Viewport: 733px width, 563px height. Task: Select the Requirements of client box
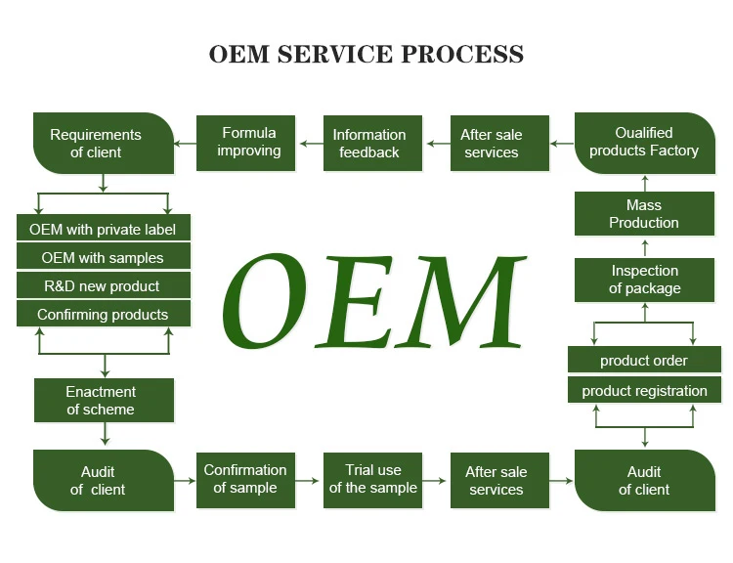pos(97,143)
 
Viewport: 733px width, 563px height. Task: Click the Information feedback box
pos(368,143)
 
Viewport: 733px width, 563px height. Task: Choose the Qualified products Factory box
pos(644,143)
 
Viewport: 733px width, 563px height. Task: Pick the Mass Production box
pos(644,214)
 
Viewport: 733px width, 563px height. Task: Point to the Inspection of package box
pos(644,280)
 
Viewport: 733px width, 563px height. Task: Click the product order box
pos(644,361)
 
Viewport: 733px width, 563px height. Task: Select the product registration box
pos(644,391)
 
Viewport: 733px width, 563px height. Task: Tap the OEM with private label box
pos(103,229)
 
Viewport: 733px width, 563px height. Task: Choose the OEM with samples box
pos(103,258)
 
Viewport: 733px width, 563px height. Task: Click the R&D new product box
pos(103,286)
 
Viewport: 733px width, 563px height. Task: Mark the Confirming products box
pos(103,315)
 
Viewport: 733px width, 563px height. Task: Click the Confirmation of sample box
pos(245,479)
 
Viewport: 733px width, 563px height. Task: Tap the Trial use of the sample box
pos(372,479)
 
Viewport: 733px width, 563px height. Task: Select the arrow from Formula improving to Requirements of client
pos(185,144)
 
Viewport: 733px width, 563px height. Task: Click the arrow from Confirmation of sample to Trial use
pos(308,480)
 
